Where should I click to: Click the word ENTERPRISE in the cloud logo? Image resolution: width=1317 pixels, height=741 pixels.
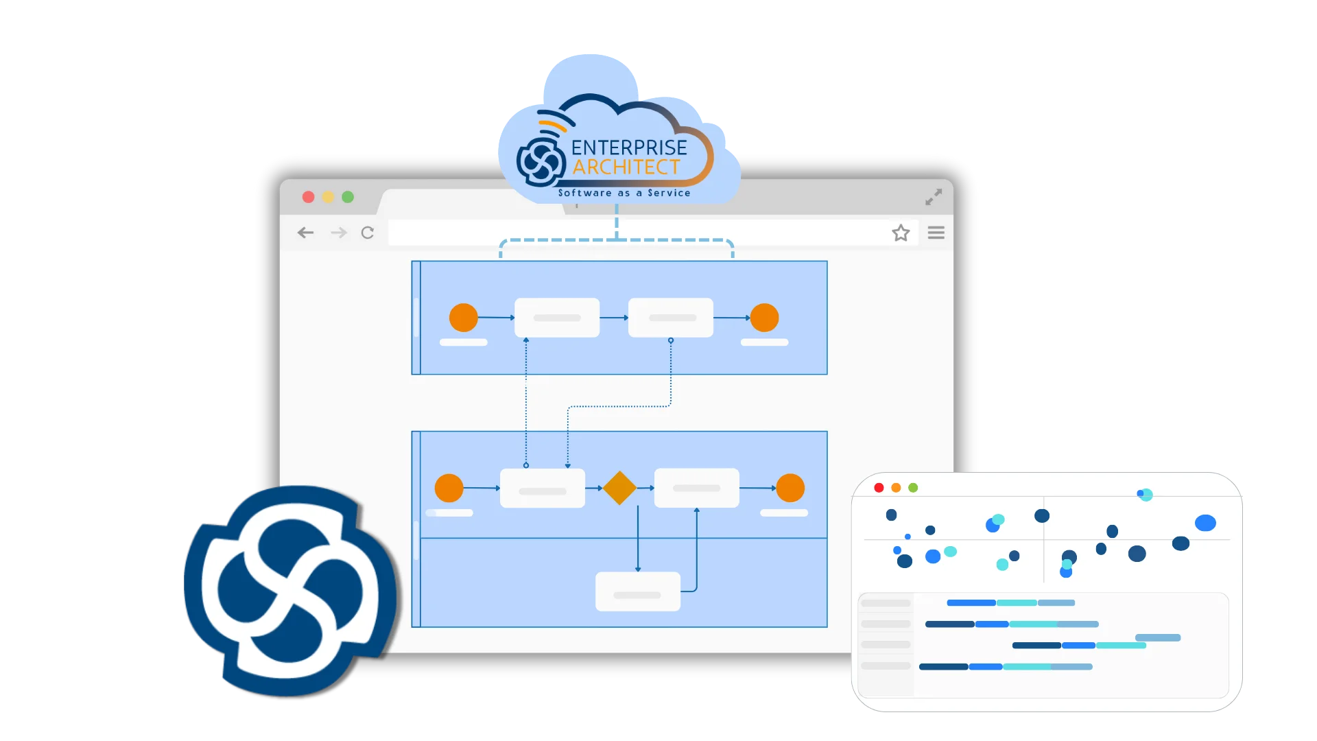628,148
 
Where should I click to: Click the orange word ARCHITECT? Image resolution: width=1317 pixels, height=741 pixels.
626,167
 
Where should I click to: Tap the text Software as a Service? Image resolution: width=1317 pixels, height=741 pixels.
624,193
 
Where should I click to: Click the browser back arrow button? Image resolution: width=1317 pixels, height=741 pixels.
305,233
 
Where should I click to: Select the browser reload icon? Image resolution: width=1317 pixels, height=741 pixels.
368,233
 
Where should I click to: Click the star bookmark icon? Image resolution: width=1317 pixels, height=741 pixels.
901,233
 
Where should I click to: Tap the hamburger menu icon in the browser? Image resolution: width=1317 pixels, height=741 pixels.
936,233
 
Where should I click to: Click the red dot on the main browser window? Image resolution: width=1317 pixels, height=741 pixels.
309,197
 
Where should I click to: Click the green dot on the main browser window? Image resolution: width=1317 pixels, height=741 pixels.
348,197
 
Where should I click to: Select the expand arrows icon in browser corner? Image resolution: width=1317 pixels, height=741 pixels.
933,197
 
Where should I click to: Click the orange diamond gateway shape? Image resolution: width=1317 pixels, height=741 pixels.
619,488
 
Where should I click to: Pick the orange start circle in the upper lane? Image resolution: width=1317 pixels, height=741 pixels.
463,318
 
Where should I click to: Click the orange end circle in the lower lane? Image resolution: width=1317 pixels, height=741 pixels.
790,488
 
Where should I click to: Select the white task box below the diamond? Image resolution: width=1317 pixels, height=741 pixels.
637,591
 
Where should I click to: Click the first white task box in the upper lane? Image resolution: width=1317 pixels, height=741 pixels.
556,318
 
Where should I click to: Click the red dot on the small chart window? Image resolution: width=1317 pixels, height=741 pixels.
879,488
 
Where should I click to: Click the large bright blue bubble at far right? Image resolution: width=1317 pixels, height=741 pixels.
1205,523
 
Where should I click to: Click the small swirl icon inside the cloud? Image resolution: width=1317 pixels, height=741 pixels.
541,162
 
